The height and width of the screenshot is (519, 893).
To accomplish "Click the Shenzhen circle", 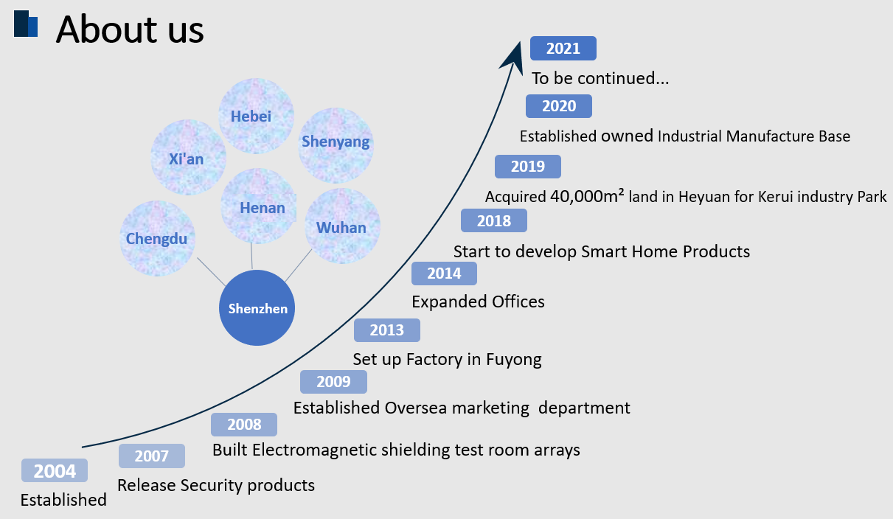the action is click(x=257, y=307).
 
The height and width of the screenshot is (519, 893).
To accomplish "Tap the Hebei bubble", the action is click(x=256, y=116).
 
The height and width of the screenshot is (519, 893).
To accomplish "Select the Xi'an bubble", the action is click(x=188, y=158).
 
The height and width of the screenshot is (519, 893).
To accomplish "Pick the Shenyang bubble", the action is click(x=336, y=145).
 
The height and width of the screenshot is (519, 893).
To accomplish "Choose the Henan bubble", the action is click(x=258, y=206).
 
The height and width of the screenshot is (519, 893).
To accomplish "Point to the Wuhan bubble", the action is click(x=342, y=226).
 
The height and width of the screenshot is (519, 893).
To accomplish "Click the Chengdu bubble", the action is click(x=158, y=238).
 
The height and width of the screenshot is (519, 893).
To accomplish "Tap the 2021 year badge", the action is click(x=563, y=48).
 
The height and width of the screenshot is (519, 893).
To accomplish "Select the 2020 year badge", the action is click(x=558, y=106).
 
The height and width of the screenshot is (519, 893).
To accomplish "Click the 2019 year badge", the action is click(x=528, y=167).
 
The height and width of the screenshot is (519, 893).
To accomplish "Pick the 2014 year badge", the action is click(x=444, y=274).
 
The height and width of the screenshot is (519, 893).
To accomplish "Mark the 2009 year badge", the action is click(x=334, y=382).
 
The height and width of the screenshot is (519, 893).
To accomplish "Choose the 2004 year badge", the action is click(x=55, y=470).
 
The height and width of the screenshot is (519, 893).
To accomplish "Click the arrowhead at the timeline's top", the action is click(x=514, y=56).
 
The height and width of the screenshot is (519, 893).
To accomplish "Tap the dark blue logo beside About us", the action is click(x=26, y=24).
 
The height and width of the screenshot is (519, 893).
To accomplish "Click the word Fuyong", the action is click(x=513, y=360).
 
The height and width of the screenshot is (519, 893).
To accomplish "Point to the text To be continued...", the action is click(x=600, y=78).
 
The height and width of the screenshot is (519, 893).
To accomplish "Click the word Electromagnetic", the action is click(x=315, y=450).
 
